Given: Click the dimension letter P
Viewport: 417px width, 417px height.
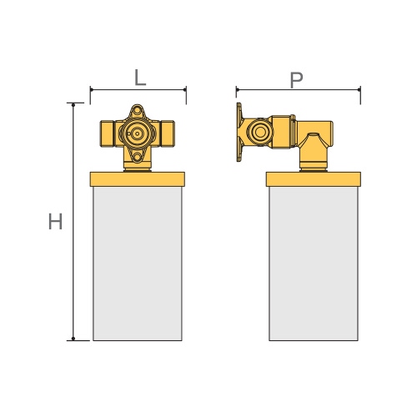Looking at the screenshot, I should point(296,79).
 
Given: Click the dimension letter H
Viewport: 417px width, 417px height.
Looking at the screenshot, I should point(55,222).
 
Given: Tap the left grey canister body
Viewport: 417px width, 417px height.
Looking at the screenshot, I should point(138,263).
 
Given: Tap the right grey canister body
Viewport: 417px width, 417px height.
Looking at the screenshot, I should point(314,263).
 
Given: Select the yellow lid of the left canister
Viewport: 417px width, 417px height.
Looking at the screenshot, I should point(138,178).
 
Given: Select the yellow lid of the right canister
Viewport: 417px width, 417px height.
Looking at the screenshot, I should point(314,178).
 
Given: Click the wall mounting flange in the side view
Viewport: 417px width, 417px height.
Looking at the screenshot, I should point(239,133).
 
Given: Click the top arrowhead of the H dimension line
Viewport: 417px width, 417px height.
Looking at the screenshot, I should point(73,105).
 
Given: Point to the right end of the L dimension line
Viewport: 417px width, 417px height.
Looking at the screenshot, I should point(184,88).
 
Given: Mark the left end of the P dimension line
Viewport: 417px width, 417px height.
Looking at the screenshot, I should point(237,88).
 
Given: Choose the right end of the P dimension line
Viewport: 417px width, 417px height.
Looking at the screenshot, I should point(359,88).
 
